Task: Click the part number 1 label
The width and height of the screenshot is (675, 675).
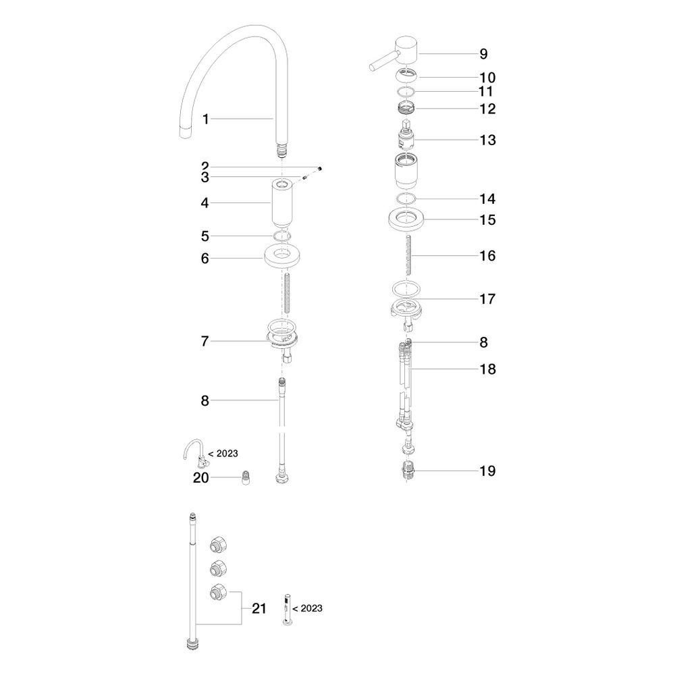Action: [206, 119]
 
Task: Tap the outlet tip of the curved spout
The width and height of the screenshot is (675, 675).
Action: [185, 132]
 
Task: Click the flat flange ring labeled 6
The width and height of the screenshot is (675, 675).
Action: [282, 256]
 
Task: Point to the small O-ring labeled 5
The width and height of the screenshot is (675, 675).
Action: [281, 236]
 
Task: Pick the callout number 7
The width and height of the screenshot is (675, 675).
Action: [205, 342]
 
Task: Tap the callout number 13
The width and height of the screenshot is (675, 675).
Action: [488, 140]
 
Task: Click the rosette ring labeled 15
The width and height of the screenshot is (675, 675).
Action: [406, 219]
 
